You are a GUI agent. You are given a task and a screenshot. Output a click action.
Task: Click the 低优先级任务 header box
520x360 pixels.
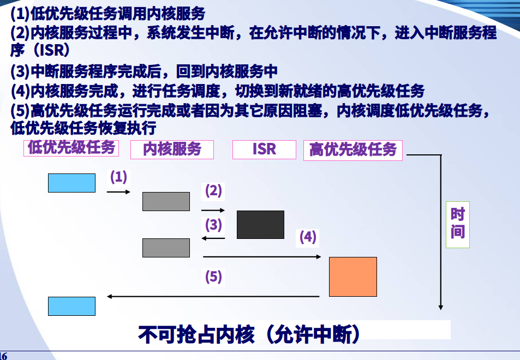click(71, 148)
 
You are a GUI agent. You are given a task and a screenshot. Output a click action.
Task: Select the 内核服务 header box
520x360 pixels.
click(172, 149)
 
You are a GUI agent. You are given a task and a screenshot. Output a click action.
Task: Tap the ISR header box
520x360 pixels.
click(264, 149)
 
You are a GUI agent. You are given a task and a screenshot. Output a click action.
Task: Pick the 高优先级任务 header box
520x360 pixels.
click(353, 150)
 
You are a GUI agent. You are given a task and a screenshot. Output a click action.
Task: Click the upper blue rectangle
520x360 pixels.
click(71, 183)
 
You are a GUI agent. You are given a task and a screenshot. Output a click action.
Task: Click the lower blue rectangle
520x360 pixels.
click(71, 307)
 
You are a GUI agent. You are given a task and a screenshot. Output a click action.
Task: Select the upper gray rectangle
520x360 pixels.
click(166, 202)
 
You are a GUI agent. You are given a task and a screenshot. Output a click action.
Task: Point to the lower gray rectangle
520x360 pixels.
click(166, 248)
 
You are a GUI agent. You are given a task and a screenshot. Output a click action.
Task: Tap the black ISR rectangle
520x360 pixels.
click(260, 225)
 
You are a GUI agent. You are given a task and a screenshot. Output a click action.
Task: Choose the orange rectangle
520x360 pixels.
click(353, 277)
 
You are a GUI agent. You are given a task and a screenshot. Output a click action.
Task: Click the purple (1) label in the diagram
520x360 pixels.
click(119, 177)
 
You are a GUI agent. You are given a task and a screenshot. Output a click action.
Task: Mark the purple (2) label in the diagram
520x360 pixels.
click(213, 191)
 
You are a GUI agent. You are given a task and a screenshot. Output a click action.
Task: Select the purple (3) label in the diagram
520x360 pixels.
click(213, 225)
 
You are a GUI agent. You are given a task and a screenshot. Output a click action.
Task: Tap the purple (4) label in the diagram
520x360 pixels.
click(308, 237)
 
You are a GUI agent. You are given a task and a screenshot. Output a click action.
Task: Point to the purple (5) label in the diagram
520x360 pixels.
click(213, 277)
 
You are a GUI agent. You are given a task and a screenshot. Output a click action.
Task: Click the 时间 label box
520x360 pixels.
click(458, 224)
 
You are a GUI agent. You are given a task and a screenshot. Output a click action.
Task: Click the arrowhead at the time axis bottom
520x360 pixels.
click(441, 308)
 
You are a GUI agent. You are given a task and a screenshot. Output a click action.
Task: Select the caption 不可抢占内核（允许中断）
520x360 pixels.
click(249, 334)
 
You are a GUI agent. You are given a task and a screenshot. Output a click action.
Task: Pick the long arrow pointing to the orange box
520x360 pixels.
click(262, 257)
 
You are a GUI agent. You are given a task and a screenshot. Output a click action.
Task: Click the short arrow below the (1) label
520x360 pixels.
click(118, 192)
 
